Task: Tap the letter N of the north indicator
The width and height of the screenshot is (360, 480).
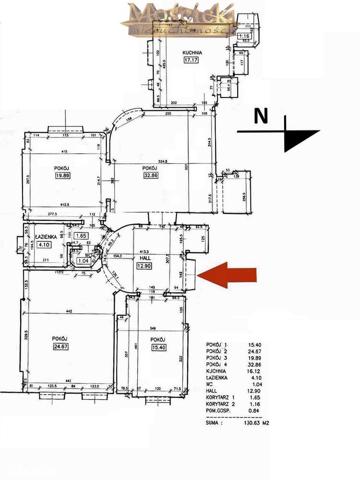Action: click(x=260, y=117)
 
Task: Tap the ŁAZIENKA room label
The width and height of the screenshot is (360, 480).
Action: click(x=47, y=237)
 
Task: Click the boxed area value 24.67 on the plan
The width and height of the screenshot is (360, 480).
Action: click(x=60, y=346)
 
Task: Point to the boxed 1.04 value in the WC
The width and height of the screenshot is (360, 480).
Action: click(x=83, y=261)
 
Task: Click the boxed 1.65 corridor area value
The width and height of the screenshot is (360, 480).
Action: click(x=81, y=236)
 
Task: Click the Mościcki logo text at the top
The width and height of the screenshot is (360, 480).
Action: click(x=180, y=14)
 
